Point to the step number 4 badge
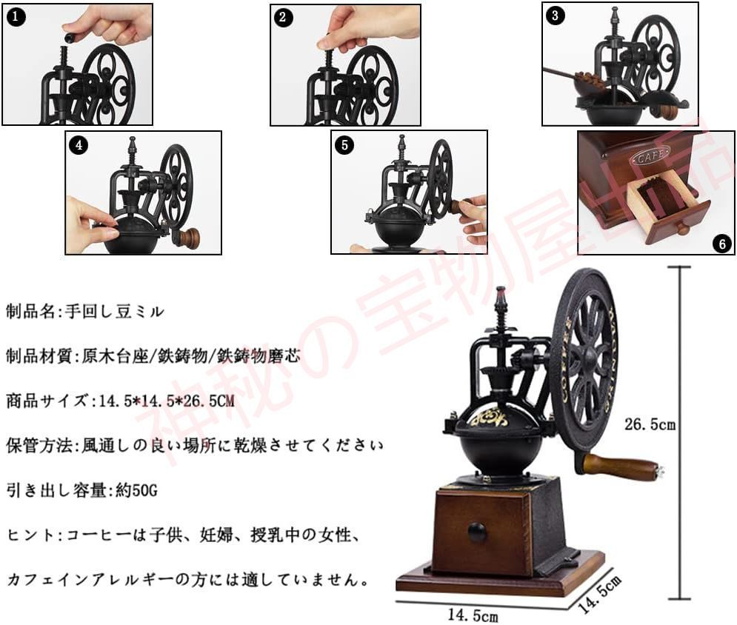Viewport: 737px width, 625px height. [x=79, y=145]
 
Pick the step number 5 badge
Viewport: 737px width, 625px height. [x=344, y=144]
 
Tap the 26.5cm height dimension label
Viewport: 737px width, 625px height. [x=650, y=425]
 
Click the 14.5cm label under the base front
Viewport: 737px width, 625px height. [x=473, y=614]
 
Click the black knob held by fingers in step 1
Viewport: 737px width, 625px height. [x=72, y=36]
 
